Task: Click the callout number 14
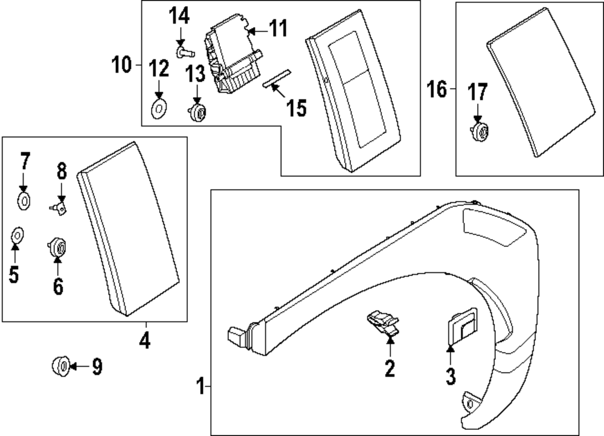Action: click(179, 16)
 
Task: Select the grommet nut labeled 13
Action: click(198, 112)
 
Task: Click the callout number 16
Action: click(436, 90)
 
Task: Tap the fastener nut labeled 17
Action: click(480, 132)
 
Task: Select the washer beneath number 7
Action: click(25, 200)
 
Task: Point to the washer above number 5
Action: click(17, 234)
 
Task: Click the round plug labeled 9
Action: click(60, 365)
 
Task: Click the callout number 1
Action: click(201, 385)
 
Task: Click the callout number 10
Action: click(121, 64)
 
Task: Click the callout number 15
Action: click(296, 108)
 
